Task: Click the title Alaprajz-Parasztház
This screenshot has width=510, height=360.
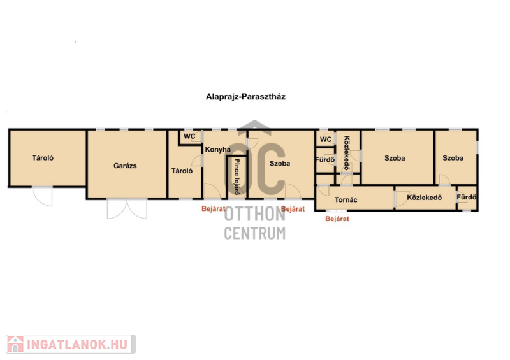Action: click(x=245, y=97)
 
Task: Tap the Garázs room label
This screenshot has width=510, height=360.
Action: click(x=125, y=166)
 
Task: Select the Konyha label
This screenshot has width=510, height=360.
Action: click(x=217, y=150)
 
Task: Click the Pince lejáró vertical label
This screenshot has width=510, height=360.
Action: click(x=237, y=176)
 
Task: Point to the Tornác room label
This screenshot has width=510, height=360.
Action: click(x=346, y=199)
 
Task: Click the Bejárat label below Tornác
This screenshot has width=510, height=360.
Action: click(x=337, y=219)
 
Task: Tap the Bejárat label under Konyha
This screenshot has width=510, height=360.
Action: click(x=214, y=209)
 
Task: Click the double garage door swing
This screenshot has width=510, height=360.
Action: click(x=127, y=209)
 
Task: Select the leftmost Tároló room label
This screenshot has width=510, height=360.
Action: click(x=43, y=158)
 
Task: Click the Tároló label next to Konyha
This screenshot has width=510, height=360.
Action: click(x=182, y=171)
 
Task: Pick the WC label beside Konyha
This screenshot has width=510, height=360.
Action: click(x=189, y=136)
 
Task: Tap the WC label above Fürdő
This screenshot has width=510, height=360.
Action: click(x=326, y=140)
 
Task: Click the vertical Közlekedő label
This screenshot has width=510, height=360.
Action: click(x=347, y=153)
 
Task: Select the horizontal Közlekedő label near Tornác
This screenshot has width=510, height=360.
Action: click(x=424, y=198)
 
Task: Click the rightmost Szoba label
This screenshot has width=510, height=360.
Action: click(x=453, y=158)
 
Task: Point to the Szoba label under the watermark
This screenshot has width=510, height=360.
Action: click(x=280, y=164)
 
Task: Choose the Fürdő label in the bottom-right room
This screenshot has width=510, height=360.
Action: click(x=467, y=197)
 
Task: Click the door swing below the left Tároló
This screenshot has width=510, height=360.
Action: click(x=43, y=196)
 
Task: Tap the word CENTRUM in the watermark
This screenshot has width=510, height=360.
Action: click(x=254, y=233)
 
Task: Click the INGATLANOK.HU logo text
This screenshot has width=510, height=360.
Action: click(x=77, y=345)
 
